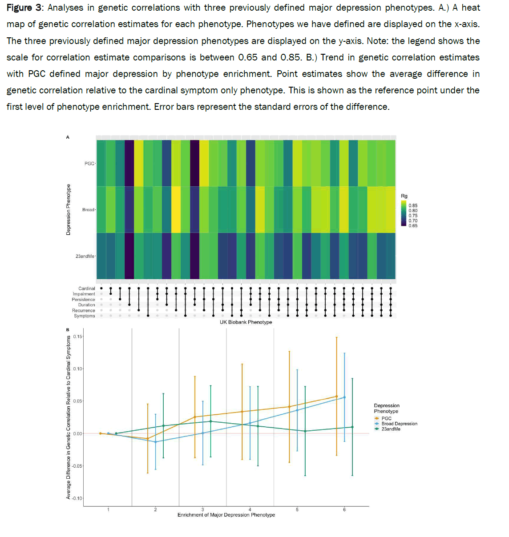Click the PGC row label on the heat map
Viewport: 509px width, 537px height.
tap(89, 164)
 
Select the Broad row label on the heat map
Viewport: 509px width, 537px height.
tap(88, 210)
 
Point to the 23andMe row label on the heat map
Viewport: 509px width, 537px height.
tap(85, 256)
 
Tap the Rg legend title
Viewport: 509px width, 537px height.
tap(404, 196)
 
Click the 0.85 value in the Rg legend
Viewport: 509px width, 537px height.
tap(413, 206)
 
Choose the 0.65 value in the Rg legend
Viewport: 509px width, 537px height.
tap(413, 226)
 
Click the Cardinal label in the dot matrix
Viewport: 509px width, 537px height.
tap(87, 289)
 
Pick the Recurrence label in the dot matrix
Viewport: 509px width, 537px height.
tap(83, 311)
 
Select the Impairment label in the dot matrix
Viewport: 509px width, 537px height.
tap(84, 294)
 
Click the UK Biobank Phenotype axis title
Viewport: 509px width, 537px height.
tap(246, 322)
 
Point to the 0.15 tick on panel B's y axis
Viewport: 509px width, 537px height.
tap(77, 337)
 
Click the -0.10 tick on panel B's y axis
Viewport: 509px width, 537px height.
tap(77, 498)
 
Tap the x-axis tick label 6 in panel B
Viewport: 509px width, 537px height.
tap(344, 510)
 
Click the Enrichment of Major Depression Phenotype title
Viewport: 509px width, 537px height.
tap(226, 515)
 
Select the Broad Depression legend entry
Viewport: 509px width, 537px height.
tap(399, 424)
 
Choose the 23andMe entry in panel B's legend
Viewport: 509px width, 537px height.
tap(391, 429)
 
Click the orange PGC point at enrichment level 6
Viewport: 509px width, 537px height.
tap(336, 397)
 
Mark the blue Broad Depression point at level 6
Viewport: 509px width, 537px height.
tap(344, 397)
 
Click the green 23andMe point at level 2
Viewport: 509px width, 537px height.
tap(163, 426)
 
